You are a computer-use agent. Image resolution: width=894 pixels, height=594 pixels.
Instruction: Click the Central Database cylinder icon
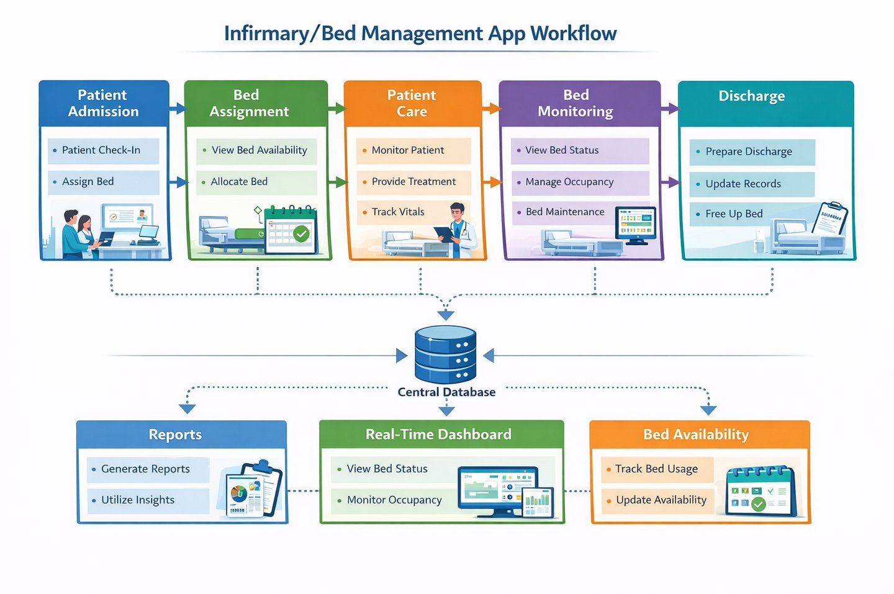coord(445,354)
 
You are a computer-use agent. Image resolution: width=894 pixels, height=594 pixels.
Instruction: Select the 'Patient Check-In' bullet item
coord(101,150)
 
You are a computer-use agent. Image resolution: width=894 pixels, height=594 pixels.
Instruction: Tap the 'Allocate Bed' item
coord(239,182)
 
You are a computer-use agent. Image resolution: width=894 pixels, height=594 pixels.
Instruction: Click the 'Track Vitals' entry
coord(398,212)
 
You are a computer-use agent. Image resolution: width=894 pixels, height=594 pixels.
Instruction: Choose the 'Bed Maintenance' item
coord(564,212)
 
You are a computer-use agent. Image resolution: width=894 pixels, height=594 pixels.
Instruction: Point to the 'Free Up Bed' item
coord(734,214)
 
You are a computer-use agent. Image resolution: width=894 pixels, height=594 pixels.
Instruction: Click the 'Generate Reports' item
coord(145,469)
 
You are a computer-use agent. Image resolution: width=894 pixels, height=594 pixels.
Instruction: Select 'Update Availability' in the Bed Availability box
coord(661,500)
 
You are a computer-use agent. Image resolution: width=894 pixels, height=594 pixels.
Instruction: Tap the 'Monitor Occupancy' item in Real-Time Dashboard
coord(394,500)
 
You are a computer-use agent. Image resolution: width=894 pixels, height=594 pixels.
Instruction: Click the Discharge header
coord(751,97)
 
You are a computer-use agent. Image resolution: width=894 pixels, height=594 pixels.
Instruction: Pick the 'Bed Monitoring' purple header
coord(576,103)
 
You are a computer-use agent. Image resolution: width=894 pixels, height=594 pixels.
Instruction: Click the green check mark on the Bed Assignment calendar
coord(301,234)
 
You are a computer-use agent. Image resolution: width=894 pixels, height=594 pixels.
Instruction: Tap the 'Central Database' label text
coord(446,392)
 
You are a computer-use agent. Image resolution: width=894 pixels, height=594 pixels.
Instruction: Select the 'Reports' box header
coord(175,434)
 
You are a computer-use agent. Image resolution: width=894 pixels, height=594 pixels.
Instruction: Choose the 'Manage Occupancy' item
coord(569,182)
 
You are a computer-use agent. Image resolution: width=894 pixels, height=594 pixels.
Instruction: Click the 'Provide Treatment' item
coord(413,182)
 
